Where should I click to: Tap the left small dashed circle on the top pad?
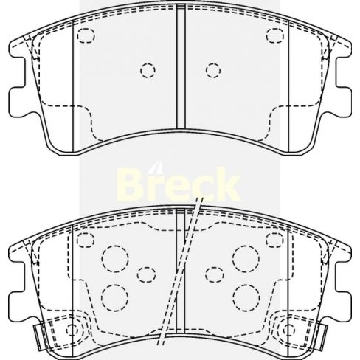point(148,70)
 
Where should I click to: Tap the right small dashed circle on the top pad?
point(213,70)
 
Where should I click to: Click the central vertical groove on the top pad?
point(181,70)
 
